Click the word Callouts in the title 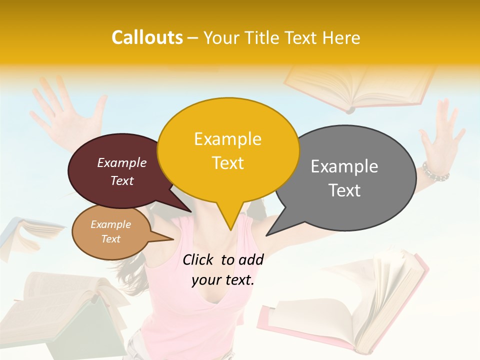(147, 37)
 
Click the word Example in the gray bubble (344, 166)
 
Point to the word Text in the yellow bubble (228, 163)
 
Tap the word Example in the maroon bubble (121, 162)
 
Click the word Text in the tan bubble (110, 239)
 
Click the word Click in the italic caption (199, 259)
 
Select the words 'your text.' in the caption (223, 280)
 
